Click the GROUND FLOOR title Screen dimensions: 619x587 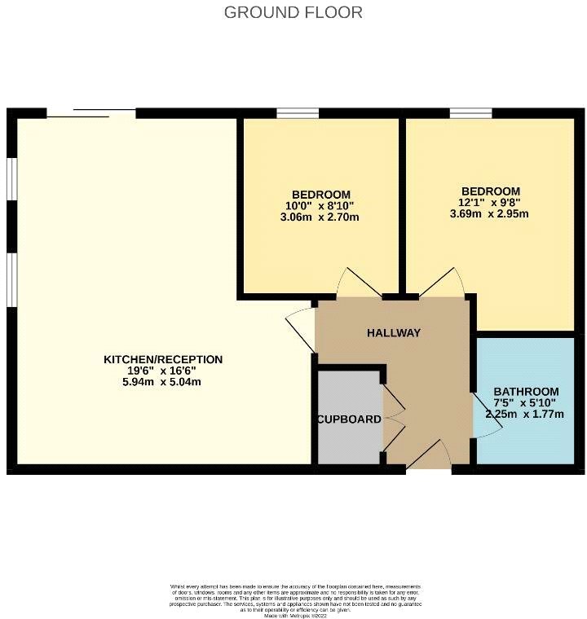click(293, 12)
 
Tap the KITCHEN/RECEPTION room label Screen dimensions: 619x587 click(163, 359)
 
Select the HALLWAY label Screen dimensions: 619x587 click(393, 332)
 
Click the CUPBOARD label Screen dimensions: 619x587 click(349, 419)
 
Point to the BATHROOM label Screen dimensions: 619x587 click(526, 391)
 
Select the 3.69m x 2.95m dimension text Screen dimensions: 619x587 click(489, 214)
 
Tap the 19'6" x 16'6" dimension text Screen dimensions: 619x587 click(163, 370)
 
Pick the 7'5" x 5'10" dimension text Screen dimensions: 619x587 click(526, 402)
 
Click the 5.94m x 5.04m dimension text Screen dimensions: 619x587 click(163, 381)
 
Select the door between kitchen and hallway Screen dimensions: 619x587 click(301, 331)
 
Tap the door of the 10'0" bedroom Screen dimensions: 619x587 click(356, 283)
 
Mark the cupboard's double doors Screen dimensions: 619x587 click(392, 419)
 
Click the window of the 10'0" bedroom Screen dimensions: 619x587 click(291, 113)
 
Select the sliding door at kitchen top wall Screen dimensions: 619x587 click(91, 113)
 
